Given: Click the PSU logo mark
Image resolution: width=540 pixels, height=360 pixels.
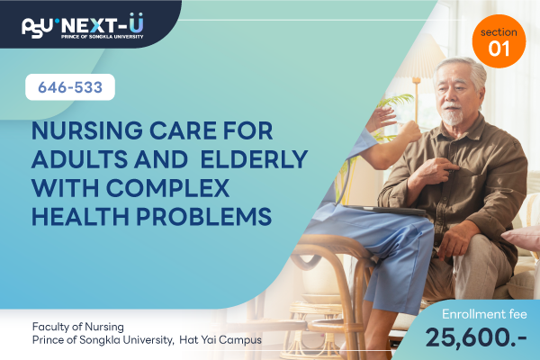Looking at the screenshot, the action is click(38, 28).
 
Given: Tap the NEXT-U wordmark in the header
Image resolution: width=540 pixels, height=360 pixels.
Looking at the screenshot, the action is click(102, 24).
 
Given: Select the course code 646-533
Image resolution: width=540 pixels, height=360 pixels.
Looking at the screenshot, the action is click(70, 87).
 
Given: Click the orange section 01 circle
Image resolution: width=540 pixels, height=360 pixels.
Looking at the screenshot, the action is click(499, 41).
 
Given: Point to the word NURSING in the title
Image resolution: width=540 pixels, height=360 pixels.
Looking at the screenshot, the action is click(86, 130).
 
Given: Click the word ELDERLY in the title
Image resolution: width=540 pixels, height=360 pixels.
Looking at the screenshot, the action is click(254, 159).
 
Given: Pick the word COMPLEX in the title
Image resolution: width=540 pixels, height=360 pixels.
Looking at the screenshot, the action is click(167, 188).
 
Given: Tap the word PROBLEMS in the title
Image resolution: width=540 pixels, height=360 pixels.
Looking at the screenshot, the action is click(204, 217).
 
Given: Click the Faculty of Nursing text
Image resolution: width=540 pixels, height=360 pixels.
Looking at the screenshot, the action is click(77, 327).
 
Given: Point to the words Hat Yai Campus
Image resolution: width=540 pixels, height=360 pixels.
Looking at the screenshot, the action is click(220, 340).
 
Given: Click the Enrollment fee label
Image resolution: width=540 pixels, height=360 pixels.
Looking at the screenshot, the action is click(484, 314).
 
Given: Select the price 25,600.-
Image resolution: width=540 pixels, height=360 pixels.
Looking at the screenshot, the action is click(476, 337).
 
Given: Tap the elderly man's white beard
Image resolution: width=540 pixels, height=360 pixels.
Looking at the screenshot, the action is click(452, 116).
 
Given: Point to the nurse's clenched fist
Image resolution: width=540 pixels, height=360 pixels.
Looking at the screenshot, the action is click(410, 130).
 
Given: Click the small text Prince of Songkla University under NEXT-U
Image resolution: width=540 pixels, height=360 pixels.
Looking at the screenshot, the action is click(102, 36).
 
